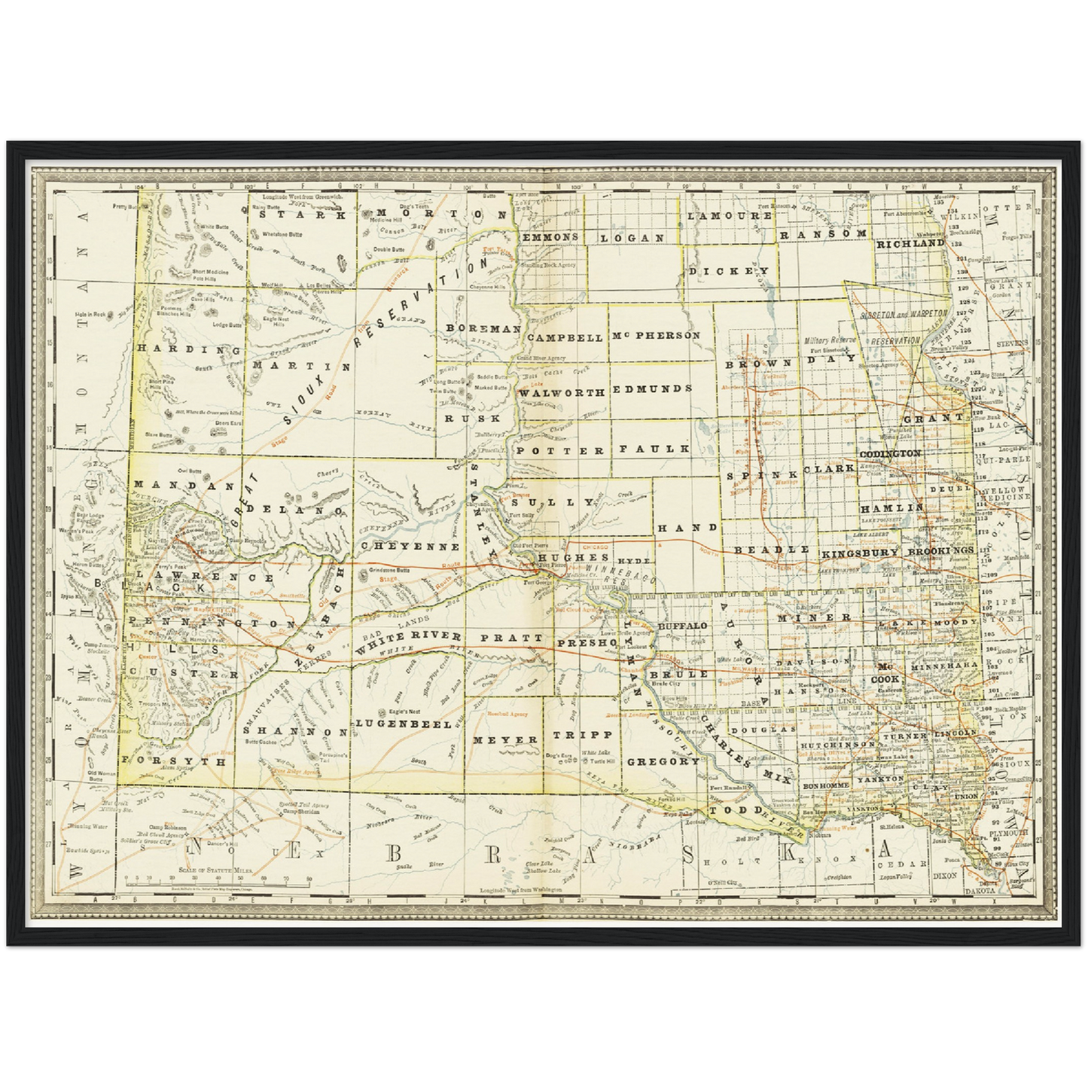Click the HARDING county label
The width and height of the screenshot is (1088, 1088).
pos(189,349)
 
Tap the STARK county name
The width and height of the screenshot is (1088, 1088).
pos(302,214)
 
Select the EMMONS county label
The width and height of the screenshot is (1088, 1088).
pos(550,236)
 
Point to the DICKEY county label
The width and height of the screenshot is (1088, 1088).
pos(728,270)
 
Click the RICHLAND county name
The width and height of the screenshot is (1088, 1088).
pos(910,244)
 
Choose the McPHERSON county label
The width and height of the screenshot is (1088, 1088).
pos(655,335)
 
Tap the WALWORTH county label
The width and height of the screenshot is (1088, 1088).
pos(562,392)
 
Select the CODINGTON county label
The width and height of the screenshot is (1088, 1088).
pos(890,453)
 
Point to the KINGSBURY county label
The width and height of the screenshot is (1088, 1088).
pos(860,553)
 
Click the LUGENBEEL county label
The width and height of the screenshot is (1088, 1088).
pos(404,724)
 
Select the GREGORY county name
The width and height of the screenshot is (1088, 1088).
pos(663,761)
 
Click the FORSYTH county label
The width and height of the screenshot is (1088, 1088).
pos(174,761)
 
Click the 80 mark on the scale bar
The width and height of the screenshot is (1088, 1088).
pos(309,879)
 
